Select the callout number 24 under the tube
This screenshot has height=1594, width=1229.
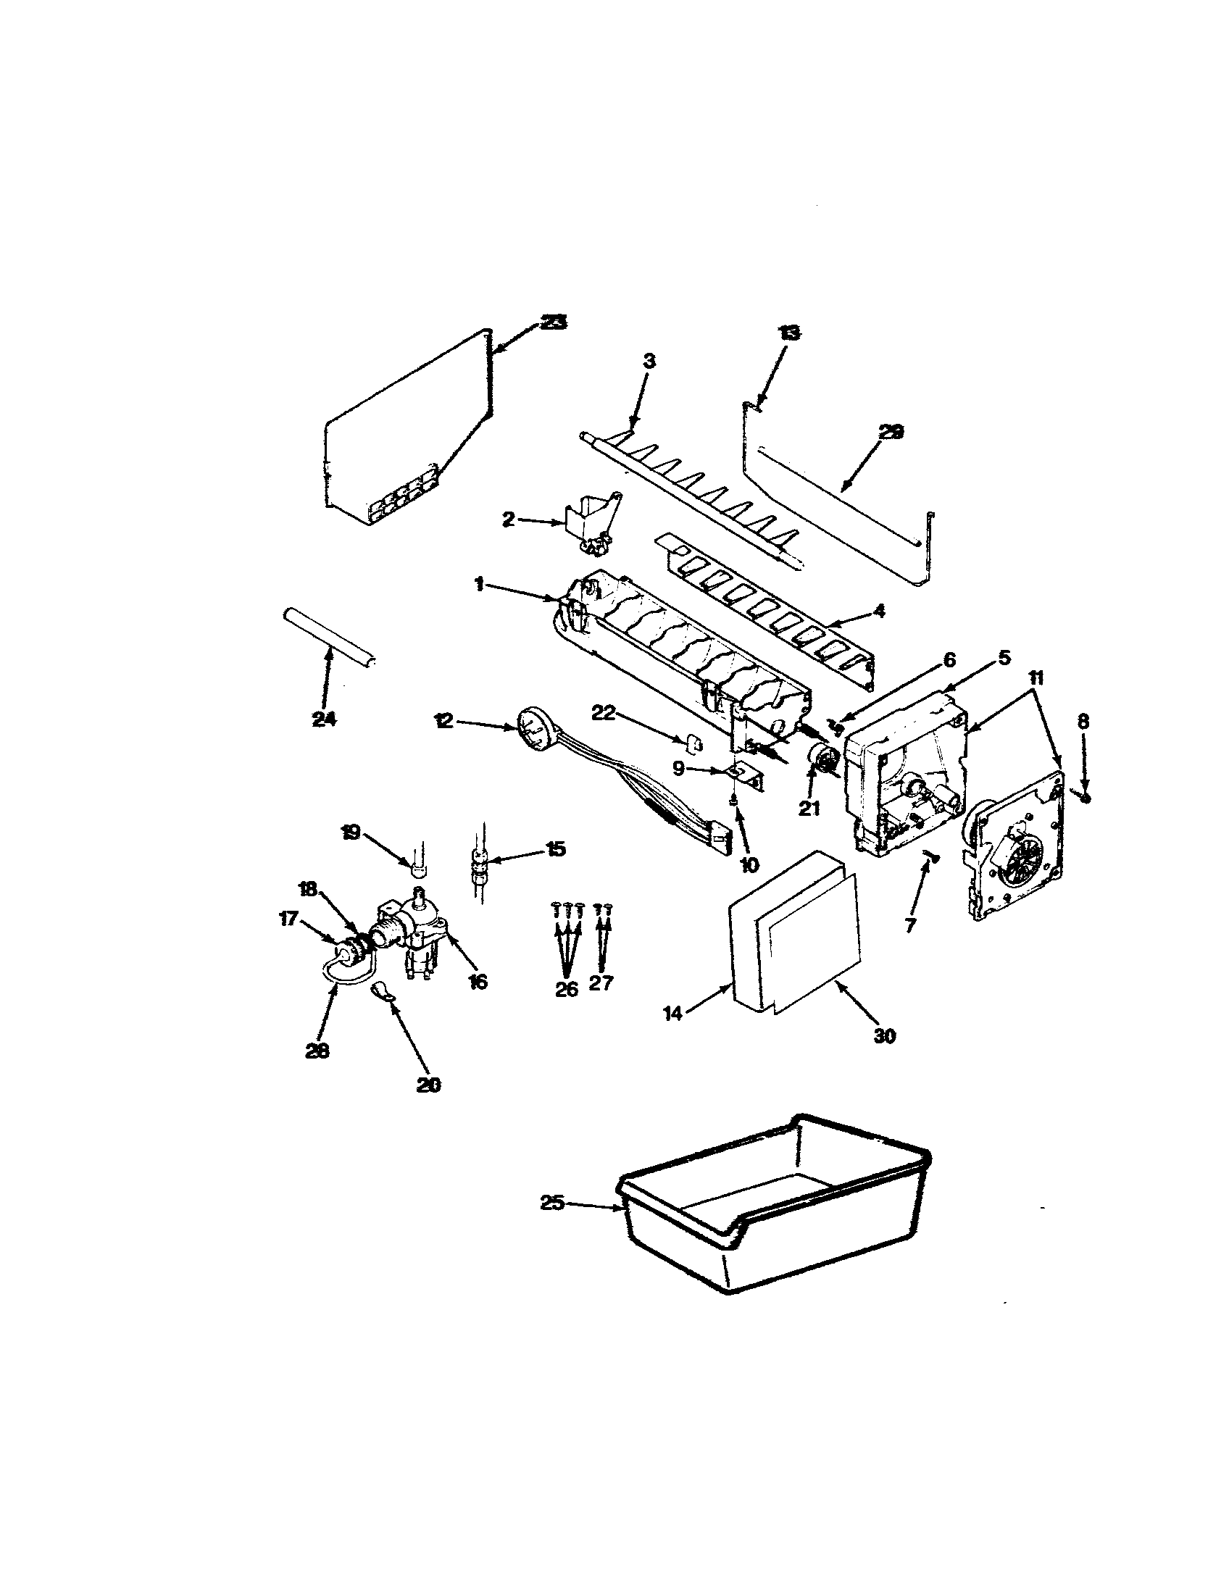pyautogui.click(x=323, y=719)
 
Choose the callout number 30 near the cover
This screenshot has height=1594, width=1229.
pyautogui.click(x=884, y=1035)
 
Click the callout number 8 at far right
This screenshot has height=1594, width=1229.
pyautogui.click(x=1083, y=722)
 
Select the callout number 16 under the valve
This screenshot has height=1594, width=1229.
pyautogui.click(x=478, y=982)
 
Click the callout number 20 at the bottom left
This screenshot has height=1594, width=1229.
pyautogui.click(x=428, y=1105)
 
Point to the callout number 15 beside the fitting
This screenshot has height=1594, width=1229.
pyautogui.click(x=555, y=850)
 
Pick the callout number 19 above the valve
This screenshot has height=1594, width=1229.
pyautogui.click(x=351, y=832)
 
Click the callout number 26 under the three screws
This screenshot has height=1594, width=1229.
pyautogui.click(x=566, y=989)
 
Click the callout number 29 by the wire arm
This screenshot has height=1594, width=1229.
pyautogui.click(x=890, y=432)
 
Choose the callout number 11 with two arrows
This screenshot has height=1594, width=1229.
pyautogui.click(x=1036, y=677)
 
